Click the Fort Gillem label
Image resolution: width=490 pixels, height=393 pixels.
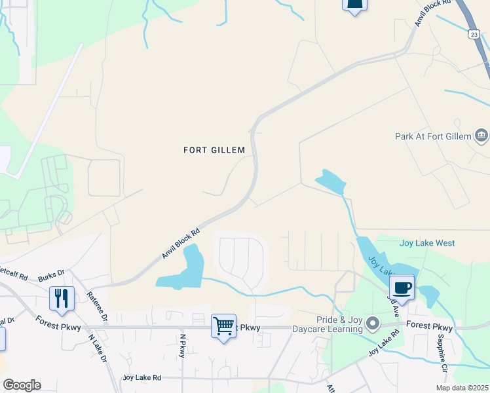pyautogui.click(x=214, y=150)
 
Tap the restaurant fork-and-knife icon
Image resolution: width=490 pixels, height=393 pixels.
pyautogui.click(x=62, y=299)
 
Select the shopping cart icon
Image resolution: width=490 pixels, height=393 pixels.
pyautogui.click(x=223, y=326)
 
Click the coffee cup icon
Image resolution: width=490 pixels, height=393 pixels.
pyautogui.click(x=402, y=287)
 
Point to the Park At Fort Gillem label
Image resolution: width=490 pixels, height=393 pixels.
pyautogui.click(x=433, y=137)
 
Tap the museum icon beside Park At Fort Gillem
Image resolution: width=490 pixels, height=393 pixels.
pyautogui.click(x=481, y=136)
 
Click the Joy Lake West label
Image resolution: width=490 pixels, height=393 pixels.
pyautogui.click(x=426, y=243)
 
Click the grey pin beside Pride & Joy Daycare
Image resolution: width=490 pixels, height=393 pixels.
pyautogui.click(x=373, y=324)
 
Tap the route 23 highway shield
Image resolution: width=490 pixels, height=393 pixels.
pyautogui.click(x=474, y=34)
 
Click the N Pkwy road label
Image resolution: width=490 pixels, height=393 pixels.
pyautogui.click(x=183, y=346)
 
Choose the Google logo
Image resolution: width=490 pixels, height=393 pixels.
pyautogui.click(x=22, y=385)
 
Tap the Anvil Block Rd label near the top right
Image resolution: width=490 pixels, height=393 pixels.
pyautogui.click(x=433, y=13)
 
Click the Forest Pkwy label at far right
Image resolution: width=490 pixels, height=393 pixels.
pyautogui.click(x=429, y=326)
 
